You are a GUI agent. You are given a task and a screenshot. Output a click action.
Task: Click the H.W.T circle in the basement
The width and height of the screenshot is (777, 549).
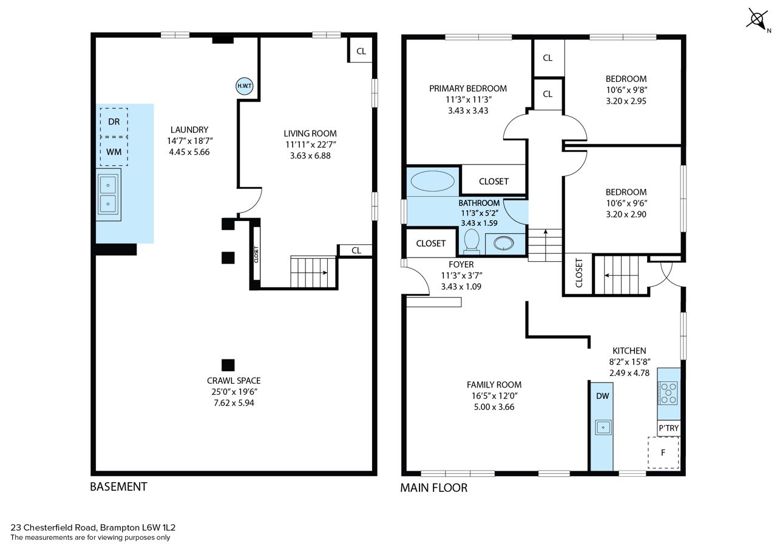point(244,86)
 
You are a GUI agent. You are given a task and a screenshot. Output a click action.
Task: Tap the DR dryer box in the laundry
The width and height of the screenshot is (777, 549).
point(114,122)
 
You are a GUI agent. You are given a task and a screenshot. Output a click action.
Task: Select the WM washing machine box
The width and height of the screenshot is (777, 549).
point(114,152)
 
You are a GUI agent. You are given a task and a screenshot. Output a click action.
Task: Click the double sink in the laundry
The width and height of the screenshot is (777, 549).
point(108,194)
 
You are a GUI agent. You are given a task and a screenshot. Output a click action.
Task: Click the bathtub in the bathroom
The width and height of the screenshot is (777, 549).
point(432,181)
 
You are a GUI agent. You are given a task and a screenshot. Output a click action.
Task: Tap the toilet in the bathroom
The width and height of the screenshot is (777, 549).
point(472,240)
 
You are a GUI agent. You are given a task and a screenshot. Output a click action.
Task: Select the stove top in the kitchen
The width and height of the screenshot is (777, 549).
point(668,393)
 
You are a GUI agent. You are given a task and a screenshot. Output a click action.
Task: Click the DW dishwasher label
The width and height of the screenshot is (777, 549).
point(603,396)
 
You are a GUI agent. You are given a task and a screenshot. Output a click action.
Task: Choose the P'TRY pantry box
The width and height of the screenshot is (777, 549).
point(668,428)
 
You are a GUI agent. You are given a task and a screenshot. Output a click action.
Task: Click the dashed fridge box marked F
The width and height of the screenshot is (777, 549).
point(663,452)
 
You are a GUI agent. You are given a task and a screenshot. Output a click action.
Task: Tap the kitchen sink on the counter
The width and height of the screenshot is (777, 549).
point(603,427)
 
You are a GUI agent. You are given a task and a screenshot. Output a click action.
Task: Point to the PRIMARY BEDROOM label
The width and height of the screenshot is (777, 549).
point(468,89)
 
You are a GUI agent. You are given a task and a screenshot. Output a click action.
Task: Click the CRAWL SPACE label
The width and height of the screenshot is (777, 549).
point(234,381)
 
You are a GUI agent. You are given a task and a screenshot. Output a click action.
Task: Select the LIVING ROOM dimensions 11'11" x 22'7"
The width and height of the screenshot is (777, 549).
point(310,145)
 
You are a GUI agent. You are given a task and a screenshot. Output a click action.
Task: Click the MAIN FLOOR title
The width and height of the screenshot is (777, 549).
point(433,488)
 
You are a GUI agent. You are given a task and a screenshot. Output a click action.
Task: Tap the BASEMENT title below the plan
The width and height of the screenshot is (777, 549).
point(118,487)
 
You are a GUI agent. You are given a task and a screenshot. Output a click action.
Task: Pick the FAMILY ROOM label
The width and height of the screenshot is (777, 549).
point(494,384)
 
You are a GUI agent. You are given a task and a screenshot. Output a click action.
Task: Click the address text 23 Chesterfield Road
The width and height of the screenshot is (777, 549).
point(53,528)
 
